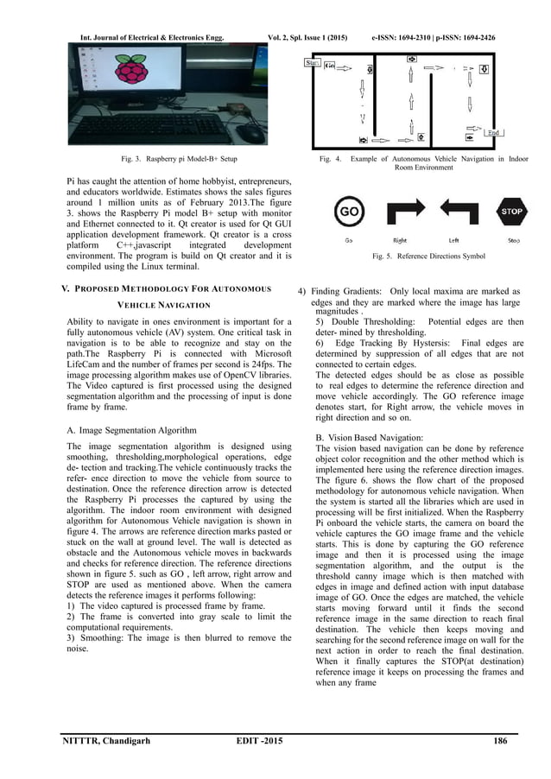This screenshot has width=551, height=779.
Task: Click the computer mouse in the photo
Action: [x=251, y=135]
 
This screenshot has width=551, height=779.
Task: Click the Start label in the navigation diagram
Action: [x=313, y=63]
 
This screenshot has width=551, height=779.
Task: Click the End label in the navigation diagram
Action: [x=494, y=133]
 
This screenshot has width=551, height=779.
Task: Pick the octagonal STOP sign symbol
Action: [x=513, y=211]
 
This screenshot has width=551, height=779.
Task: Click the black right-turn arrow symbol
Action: [x=401, y=211]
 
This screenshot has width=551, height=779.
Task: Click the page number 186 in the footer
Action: [x=499, y=741]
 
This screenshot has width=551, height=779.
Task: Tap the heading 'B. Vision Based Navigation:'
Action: [x=370, y=438]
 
